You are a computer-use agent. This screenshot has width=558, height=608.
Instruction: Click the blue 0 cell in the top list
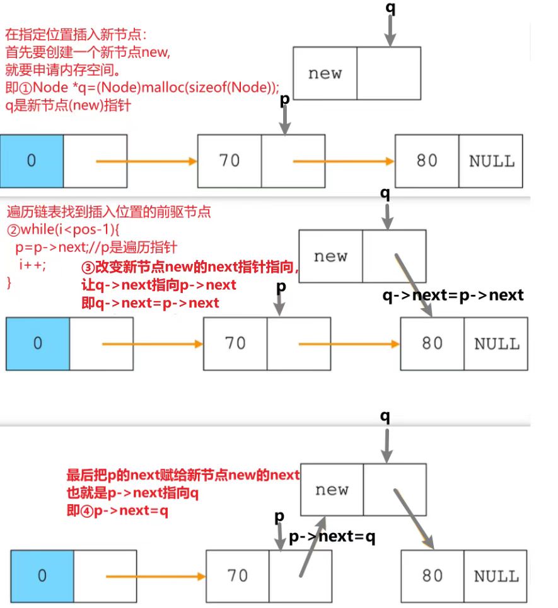[x=32, y=161]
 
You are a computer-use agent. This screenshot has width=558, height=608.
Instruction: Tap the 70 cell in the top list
[x=230, y=161]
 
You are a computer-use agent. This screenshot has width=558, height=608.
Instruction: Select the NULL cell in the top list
[x=491, y=161]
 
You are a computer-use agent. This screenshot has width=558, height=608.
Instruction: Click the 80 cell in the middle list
[x=432, y=343]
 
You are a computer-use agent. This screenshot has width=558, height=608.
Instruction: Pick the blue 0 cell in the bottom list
[x=42, y=576]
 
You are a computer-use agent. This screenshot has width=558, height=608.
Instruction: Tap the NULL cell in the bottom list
[x=496, y=576]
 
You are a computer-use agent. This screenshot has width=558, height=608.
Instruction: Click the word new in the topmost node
[x=325, y=73]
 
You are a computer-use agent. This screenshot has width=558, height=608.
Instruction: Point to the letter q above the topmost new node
[x=390, y=9]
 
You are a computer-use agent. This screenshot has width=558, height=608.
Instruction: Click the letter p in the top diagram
[x=284, y=101]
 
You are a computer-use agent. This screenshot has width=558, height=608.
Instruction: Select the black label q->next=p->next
[x=453, y=295]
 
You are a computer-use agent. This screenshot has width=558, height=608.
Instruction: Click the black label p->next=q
[x=332, y=537]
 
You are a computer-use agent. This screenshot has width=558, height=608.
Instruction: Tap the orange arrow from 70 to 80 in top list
[x=344, y=161]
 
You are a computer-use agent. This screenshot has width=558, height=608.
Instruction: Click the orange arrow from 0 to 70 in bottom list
[x=156, y=576]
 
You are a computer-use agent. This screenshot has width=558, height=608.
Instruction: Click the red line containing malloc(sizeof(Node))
[x=142, y=88]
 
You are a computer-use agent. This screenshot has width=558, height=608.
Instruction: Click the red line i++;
[x=33, y=264]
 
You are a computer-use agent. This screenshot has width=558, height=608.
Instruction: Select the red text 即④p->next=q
[x=117, y=511]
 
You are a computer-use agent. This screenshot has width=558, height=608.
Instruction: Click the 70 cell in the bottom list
[x=238, y=576]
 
